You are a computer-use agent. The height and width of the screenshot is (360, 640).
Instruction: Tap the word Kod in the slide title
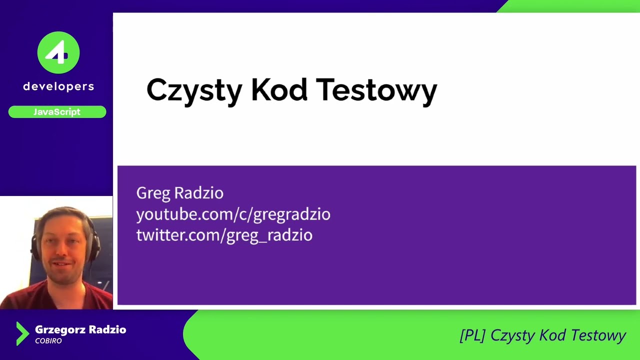click(279, 90)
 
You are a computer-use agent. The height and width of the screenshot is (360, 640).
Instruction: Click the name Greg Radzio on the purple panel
click(179, 193)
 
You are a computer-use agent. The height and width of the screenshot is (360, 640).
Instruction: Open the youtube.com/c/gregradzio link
click(233, 214)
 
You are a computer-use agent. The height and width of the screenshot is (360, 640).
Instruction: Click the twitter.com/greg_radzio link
click(224, 235)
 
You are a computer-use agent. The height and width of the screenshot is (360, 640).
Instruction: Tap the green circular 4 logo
click(58, 52)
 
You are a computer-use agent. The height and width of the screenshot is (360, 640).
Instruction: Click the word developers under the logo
click(58, 86)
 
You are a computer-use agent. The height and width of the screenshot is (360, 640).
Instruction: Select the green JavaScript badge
click(57, 112)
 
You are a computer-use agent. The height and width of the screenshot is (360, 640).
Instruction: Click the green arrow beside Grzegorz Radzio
click(22, 333)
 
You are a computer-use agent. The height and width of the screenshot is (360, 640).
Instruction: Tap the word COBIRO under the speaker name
click(48, 341)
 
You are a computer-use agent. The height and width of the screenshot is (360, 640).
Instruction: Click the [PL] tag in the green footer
click(472, 335)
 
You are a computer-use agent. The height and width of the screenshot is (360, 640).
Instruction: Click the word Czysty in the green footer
click(513, 335)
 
